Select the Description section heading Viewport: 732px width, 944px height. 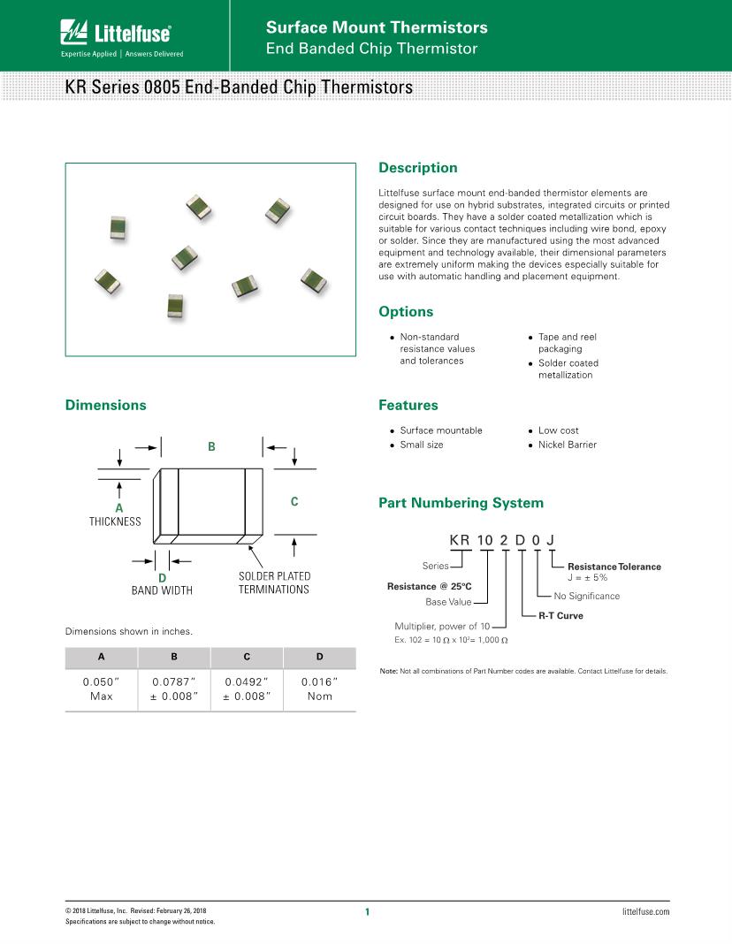point(417,168)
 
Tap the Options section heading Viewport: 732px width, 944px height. point(406,312)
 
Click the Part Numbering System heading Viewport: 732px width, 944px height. point(461,503)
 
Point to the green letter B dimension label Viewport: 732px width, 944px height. point(211,447)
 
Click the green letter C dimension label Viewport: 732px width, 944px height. point(294,502)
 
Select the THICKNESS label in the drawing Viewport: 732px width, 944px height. point(115,521)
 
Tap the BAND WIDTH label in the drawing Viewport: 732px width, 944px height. point(162,590)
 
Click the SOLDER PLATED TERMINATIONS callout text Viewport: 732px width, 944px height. point(274,582)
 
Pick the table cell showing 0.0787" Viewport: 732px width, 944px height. point(174,682)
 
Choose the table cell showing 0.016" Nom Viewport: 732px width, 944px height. point(319,689)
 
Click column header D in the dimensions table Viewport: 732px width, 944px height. point(319,658)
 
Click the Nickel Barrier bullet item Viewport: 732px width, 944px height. point(567,445)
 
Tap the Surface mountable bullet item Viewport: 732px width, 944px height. point(441,430)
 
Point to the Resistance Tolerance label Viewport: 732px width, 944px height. point(614,567)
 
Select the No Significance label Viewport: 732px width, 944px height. point(586,596)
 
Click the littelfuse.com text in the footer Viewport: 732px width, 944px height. point(645,911)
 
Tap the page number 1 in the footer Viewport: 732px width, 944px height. point(366,912)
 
